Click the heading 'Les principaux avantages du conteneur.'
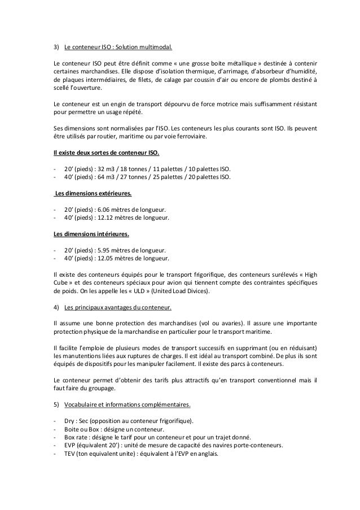[118, 308]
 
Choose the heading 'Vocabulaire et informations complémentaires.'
[127, 405]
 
